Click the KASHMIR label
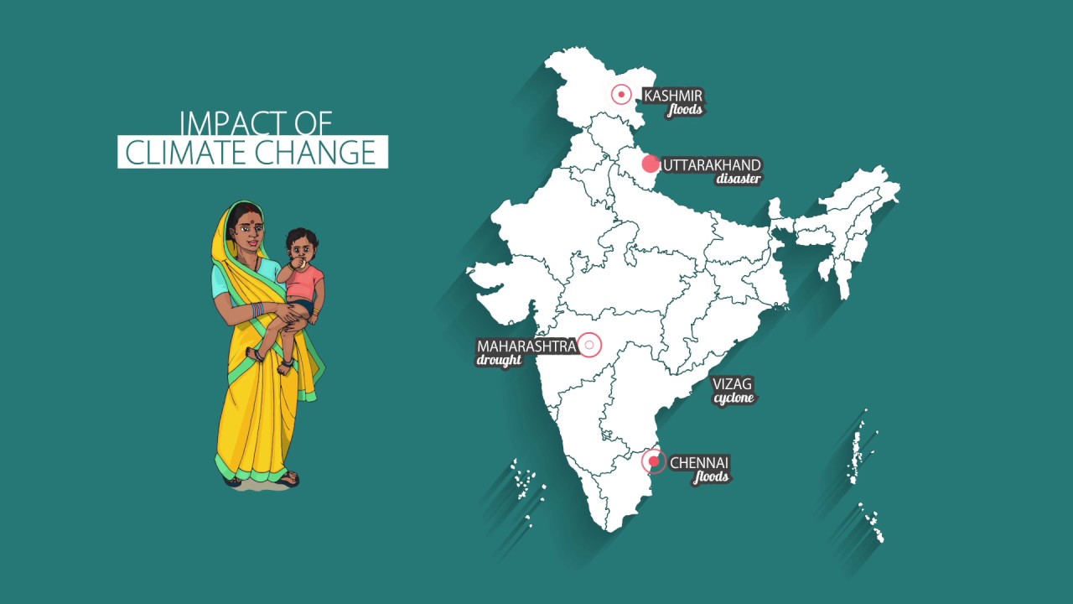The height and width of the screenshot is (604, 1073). [x=672, y=96]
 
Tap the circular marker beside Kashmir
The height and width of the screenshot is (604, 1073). [x=621, y=94]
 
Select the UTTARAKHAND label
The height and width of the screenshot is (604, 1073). [x=712, y=165]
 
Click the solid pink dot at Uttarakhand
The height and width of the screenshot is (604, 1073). [x=651, y=164]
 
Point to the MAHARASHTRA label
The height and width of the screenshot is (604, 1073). [x=526, y=346]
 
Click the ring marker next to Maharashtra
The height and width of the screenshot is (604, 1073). [x=590, y=345]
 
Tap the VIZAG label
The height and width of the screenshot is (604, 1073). [x=732, y=384]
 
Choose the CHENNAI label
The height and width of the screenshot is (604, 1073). [x=699, y=462]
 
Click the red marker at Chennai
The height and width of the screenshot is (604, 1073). [x=654, y=461]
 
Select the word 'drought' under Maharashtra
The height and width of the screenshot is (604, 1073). [x=500, y=361]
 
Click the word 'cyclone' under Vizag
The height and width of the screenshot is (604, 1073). [x=734, y=398]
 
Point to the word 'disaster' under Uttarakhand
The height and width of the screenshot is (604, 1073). [x=739, y=179]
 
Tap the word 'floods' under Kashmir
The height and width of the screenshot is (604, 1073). [x=685, y=110]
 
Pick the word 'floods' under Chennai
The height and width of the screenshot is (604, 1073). [x=711, y=477]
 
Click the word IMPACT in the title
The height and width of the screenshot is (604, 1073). [x=220, y=122]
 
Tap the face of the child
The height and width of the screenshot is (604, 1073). [x=302, y=247]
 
